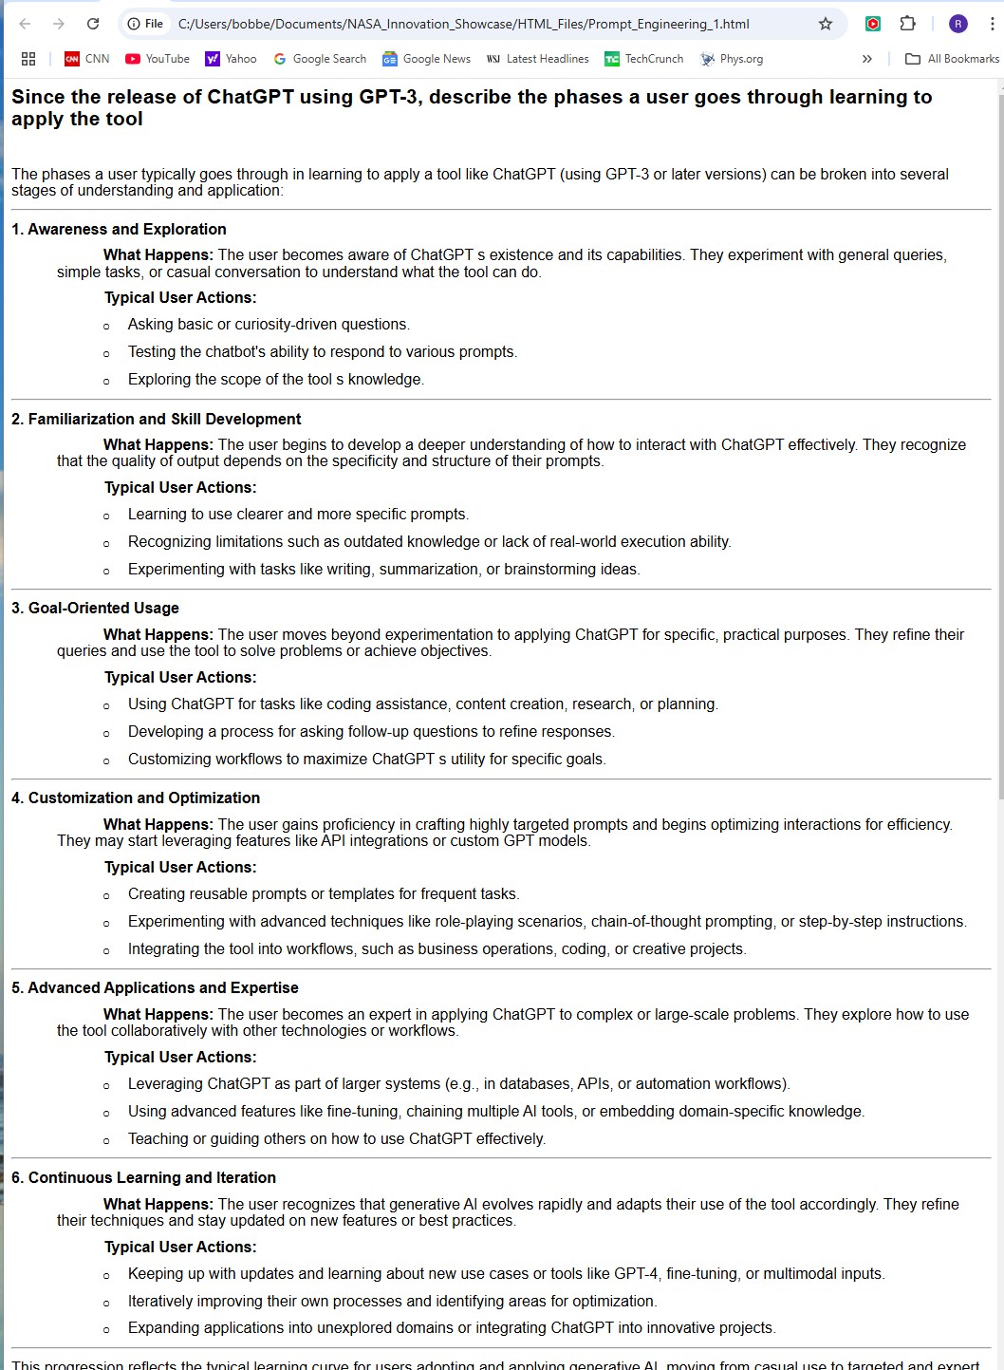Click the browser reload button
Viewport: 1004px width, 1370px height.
(93, 24)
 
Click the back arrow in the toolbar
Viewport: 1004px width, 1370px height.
(26, 24)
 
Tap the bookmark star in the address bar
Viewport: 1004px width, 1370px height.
(826, 24)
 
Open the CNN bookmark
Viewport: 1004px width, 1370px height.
(86, 59)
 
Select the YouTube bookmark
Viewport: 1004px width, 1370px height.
(158, 59)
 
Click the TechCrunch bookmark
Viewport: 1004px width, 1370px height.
(644, 59)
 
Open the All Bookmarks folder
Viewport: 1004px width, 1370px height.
(953, 59)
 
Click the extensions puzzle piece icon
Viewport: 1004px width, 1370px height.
(908, 24)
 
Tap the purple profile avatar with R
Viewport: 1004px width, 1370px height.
(958, 24)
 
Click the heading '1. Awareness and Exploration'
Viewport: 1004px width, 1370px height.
(119, 229)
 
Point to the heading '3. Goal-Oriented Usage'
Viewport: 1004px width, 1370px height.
(95, 608)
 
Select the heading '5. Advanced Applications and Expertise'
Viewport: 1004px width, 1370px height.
(155, 987)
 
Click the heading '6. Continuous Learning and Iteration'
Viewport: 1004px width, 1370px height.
(143, 1177)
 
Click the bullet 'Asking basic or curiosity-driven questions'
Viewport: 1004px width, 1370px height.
(269, 325)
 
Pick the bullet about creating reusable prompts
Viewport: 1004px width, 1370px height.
(324, 894)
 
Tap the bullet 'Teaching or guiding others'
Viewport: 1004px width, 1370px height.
(337, 1139)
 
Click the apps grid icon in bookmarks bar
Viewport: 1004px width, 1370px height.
(28, 59)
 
